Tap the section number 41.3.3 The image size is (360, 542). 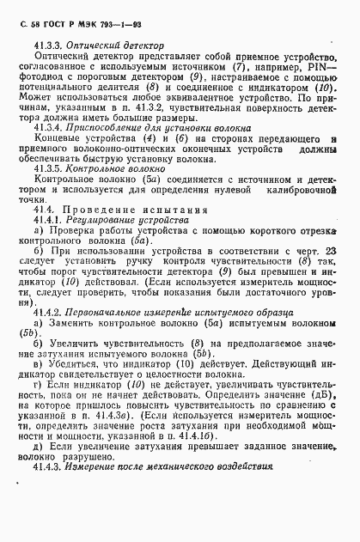(50, 43)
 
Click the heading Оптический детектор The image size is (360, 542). (114, 43)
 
